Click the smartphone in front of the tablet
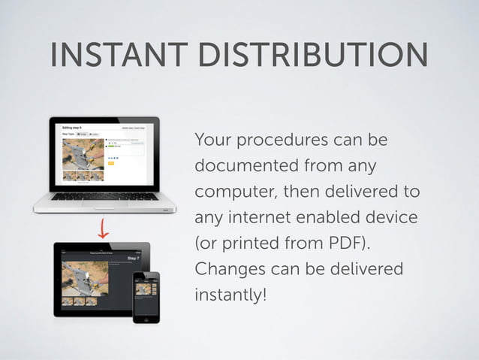146,296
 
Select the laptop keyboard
104,197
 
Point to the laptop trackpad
104,206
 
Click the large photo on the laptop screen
82,155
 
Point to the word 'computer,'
234,192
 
